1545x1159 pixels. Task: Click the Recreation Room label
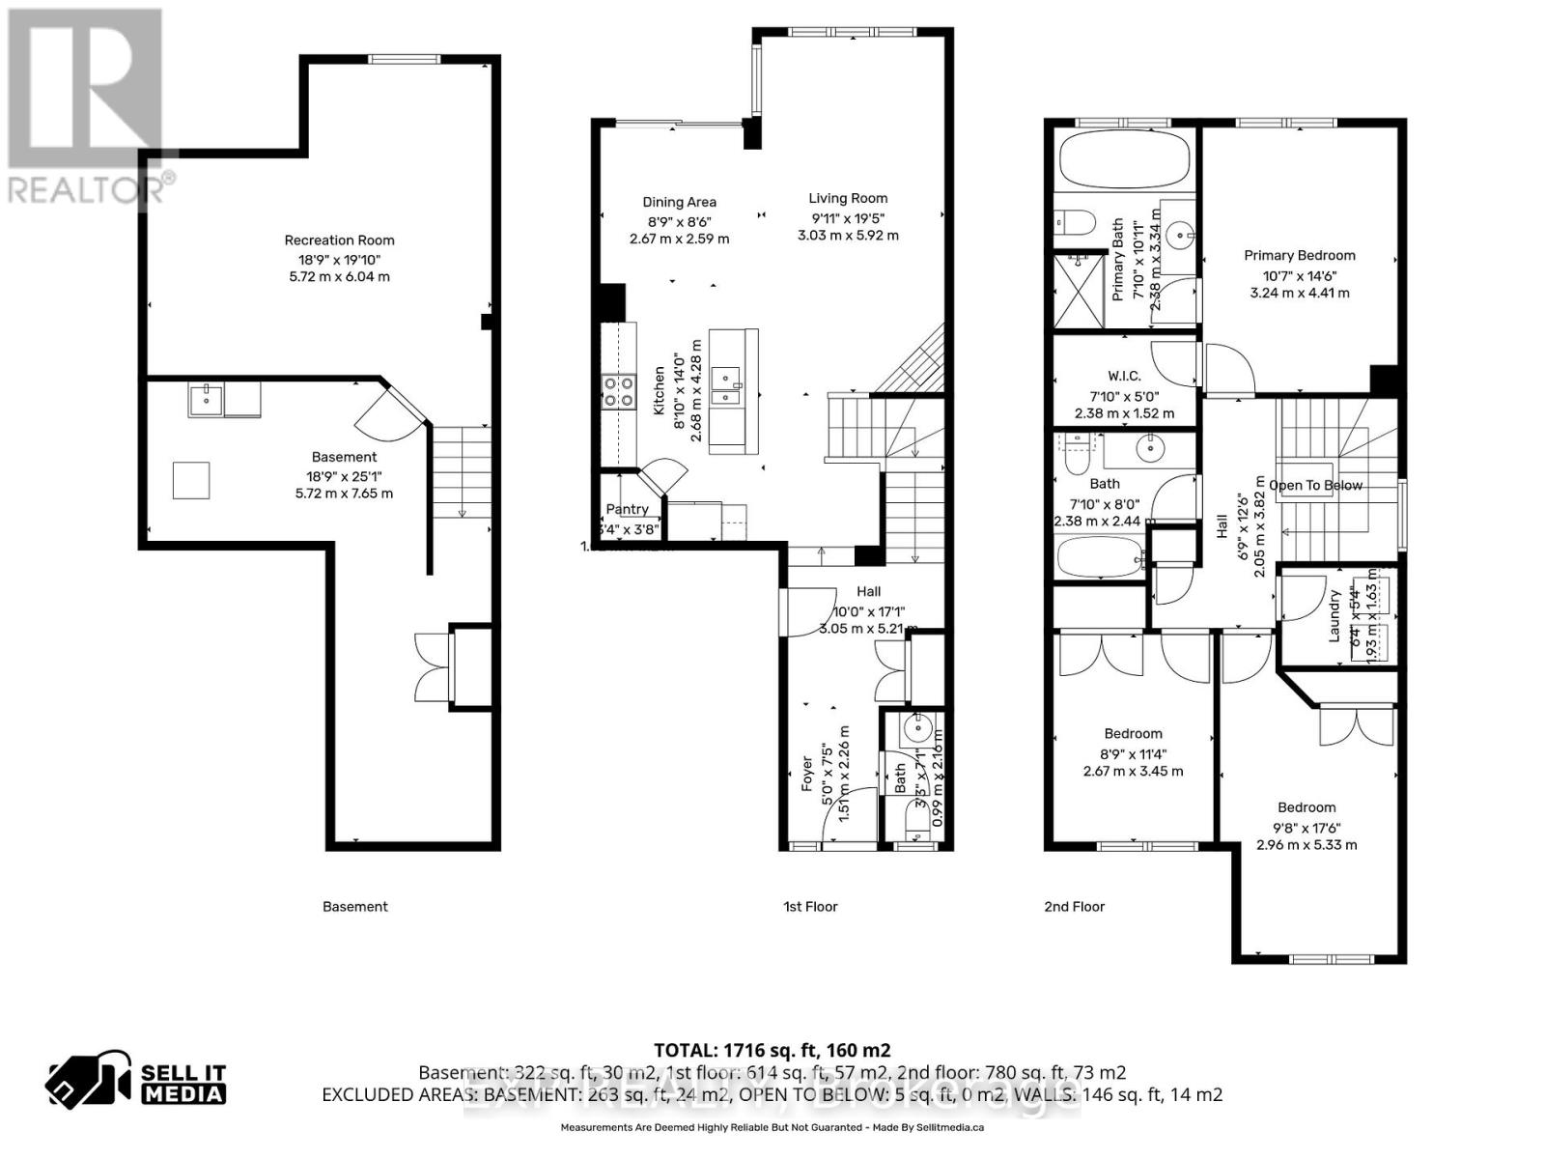point(339,240)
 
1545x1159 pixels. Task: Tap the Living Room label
point(848,198)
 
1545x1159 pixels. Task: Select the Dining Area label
point(679,202)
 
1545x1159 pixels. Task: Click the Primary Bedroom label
point(1299,255)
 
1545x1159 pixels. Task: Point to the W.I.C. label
point(1124,376)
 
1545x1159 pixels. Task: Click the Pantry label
point(627,509)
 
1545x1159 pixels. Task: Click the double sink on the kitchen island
point(725,384)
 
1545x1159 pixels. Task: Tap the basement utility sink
point(206,399)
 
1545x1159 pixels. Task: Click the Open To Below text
point(1315,485)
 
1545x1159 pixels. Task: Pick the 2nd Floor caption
point(1074,906)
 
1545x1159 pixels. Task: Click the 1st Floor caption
point(810,906)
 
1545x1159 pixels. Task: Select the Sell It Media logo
point(136,1083)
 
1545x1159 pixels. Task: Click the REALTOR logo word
point(90,189)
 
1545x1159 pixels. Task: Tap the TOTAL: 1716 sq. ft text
point(772,1050)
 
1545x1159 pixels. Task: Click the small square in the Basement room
point(191,480)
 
